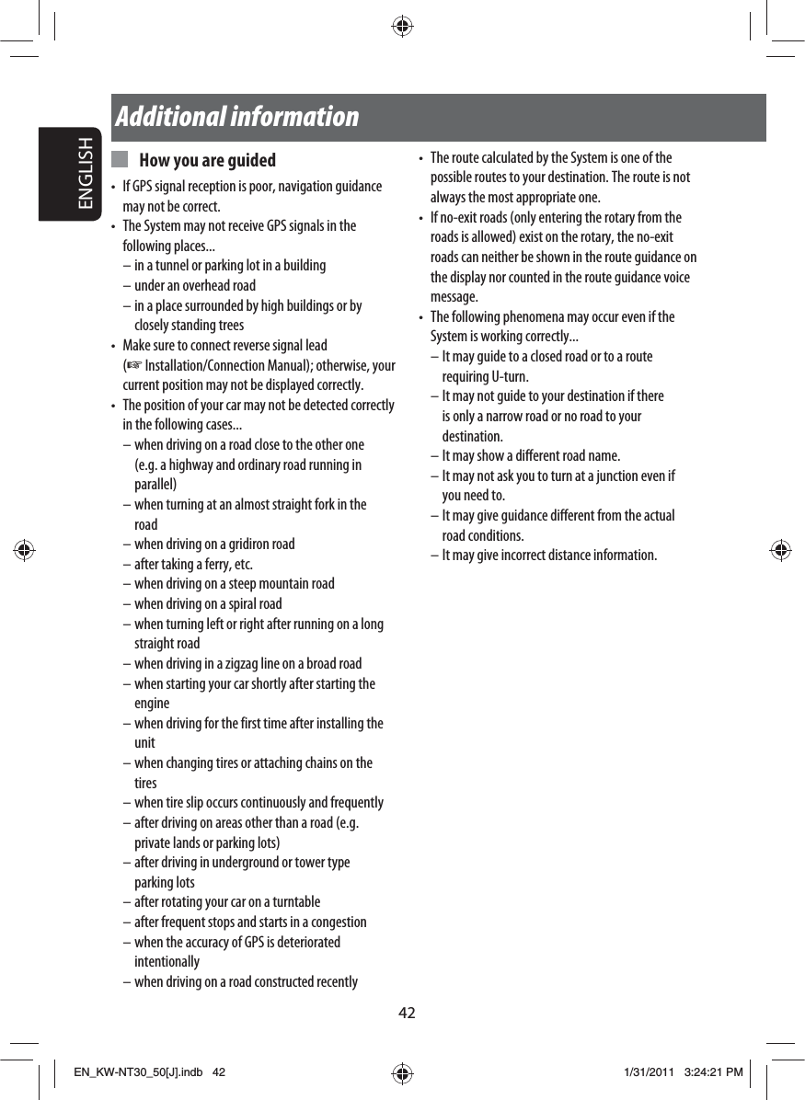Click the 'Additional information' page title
tap(237, 117)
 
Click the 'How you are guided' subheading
tap(207, 161)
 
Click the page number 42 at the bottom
tap(407, 1014)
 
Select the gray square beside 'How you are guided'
tap(120, 160)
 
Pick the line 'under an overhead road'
tap(195, 286)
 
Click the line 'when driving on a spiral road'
tap(208, 604)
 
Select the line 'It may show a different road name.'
tap(531, 456)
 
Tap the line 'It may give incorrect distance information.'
tap(549, 556)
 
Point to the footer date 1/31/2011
tap(650, 1072)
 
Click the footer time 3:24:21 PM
tap(714, 1072)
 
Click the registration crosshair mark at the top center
tap(402, 27)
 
